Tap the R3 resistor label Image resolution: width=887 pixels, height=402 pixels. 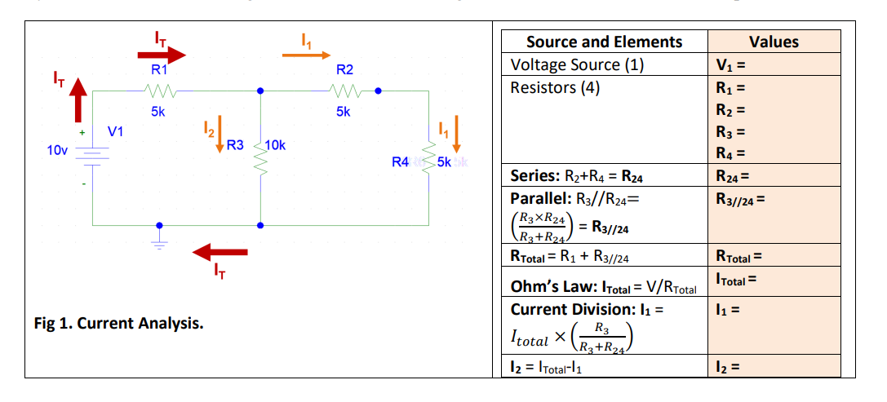pyautogui.click(x=234, y=146)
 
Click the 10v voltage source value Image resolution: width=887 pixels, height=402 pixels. pyautogui.click(x=57, y=150)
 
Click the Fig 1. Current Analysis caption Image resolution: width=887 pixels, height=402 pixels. pyautogui.click(x=119, y=323)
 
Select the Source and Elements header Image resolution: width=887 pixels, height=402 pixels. pyautogui.click(x=604, y=42)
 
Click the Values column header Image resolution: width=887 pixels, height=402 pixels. pyautogui.click(x=773, y=42)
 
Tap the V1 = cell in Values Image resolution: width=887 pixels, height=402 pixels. pyautogui.click(x=731, y=65)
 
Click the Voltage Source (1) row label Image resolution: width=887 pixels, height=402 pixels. pyautogui.click(x=577, y=65)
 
